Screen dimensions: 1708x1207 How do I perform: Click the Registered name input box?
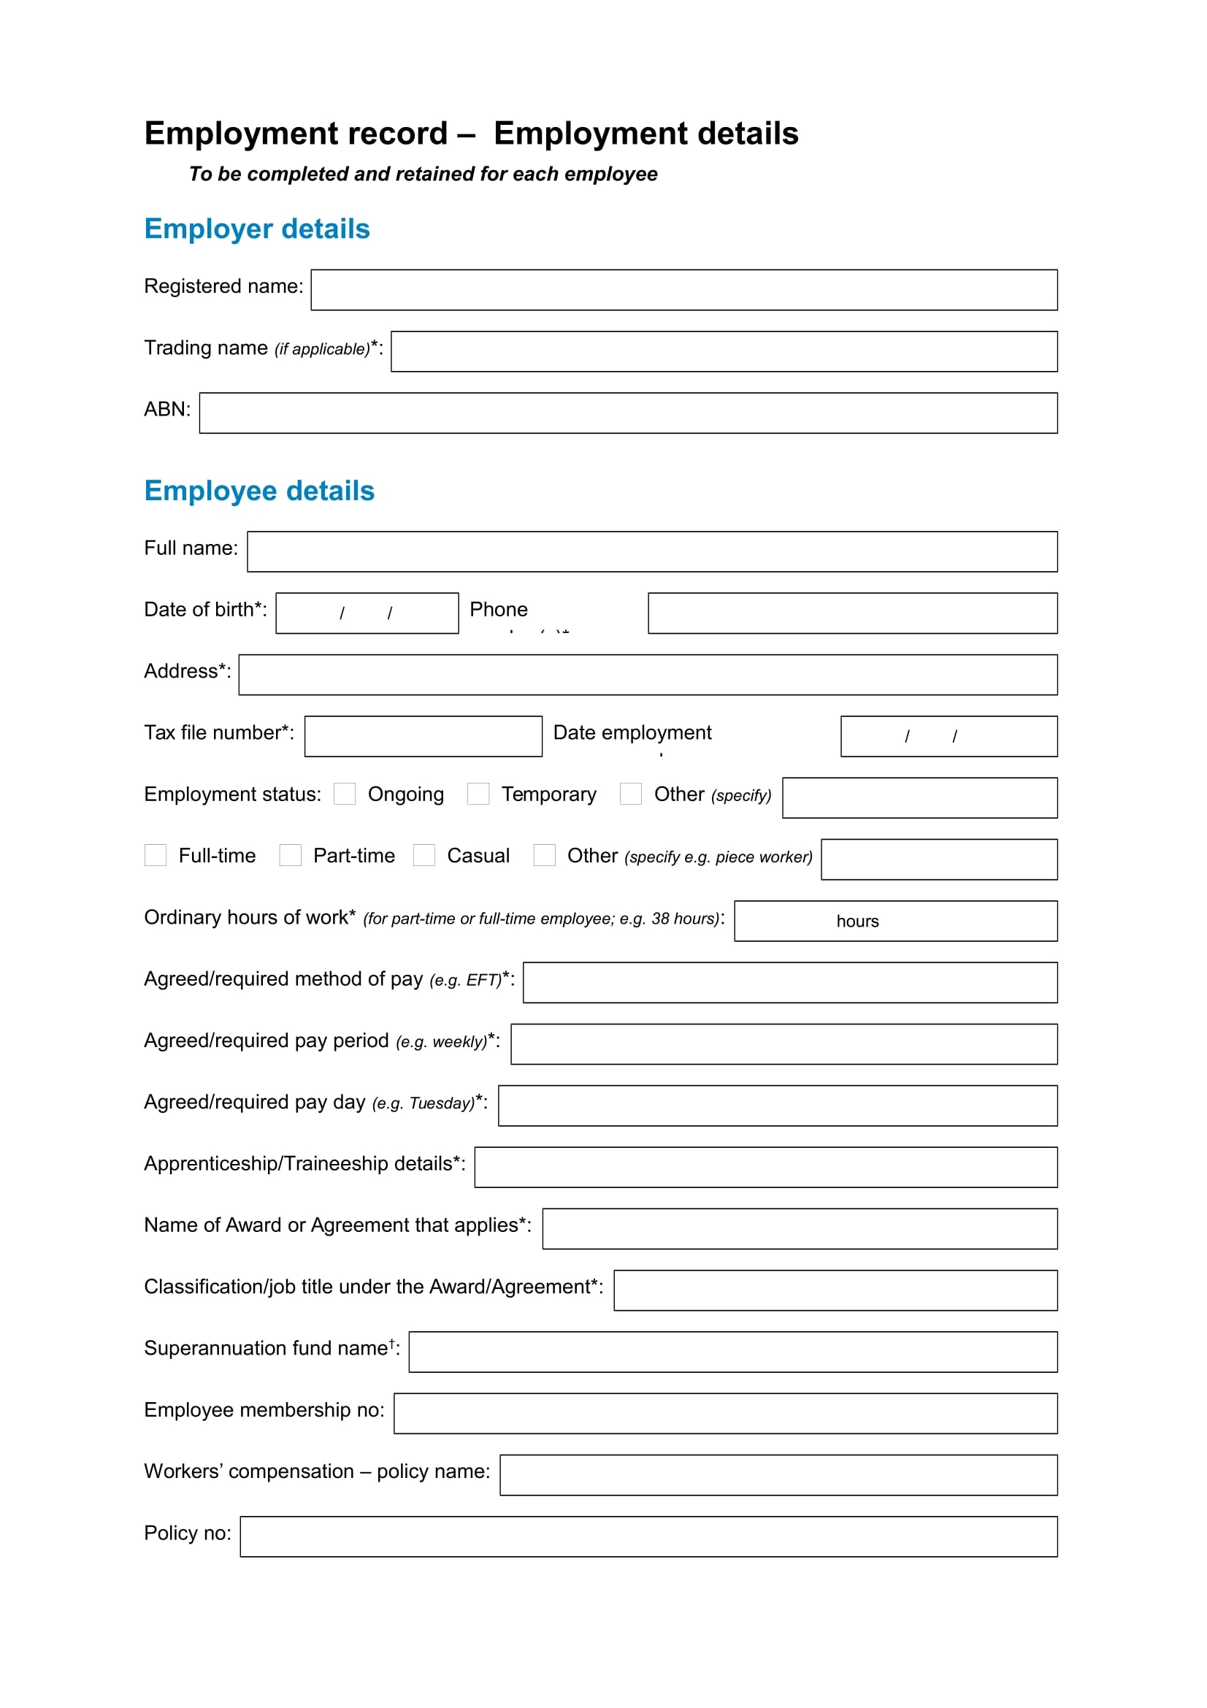click(683, 290)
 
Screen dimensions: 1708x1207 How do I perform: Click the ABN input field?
click(628, 413)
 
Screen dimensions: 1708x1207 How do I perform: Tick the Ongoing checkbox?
click(345, 794)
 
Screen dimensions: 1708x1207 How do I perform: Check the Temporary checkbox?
click(478, 794)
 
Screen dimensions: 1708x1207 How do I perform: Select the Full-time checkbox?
click(156, 856)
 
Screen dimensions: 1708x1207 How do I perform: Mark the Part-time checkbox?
click(290, 856)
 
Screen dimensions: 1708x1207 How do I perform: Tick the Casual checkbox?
click(424, 856)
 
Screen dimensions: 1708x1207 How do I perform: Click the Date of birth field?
click(367, 613)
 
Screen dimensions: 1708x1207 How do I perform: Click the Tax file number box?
click(424, 737)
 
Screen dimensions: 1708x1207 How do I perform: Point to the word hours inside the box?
click(857, 921)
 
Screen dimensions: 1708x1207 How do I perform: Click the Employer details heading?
click(256, 229)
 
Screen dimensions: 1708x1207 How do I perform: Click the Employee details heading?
click(258, 491)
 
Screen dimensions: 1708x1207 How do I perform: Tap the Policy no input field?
click(648, 1537)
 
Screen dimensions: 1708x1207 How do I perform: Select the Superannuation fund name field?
click(732, 1352)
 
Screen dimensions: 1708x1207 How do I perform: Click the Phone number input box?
click(852, 613)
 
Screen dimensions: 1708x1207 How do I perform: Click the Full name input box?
click(651, 552)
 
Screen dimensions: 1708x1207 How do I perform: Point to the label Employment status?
click(232, 794)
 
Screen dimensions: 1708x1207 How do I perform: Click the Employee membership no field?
click(725, 1414)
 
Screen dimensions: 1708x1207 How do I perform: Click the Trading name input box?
click(724, 352)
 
